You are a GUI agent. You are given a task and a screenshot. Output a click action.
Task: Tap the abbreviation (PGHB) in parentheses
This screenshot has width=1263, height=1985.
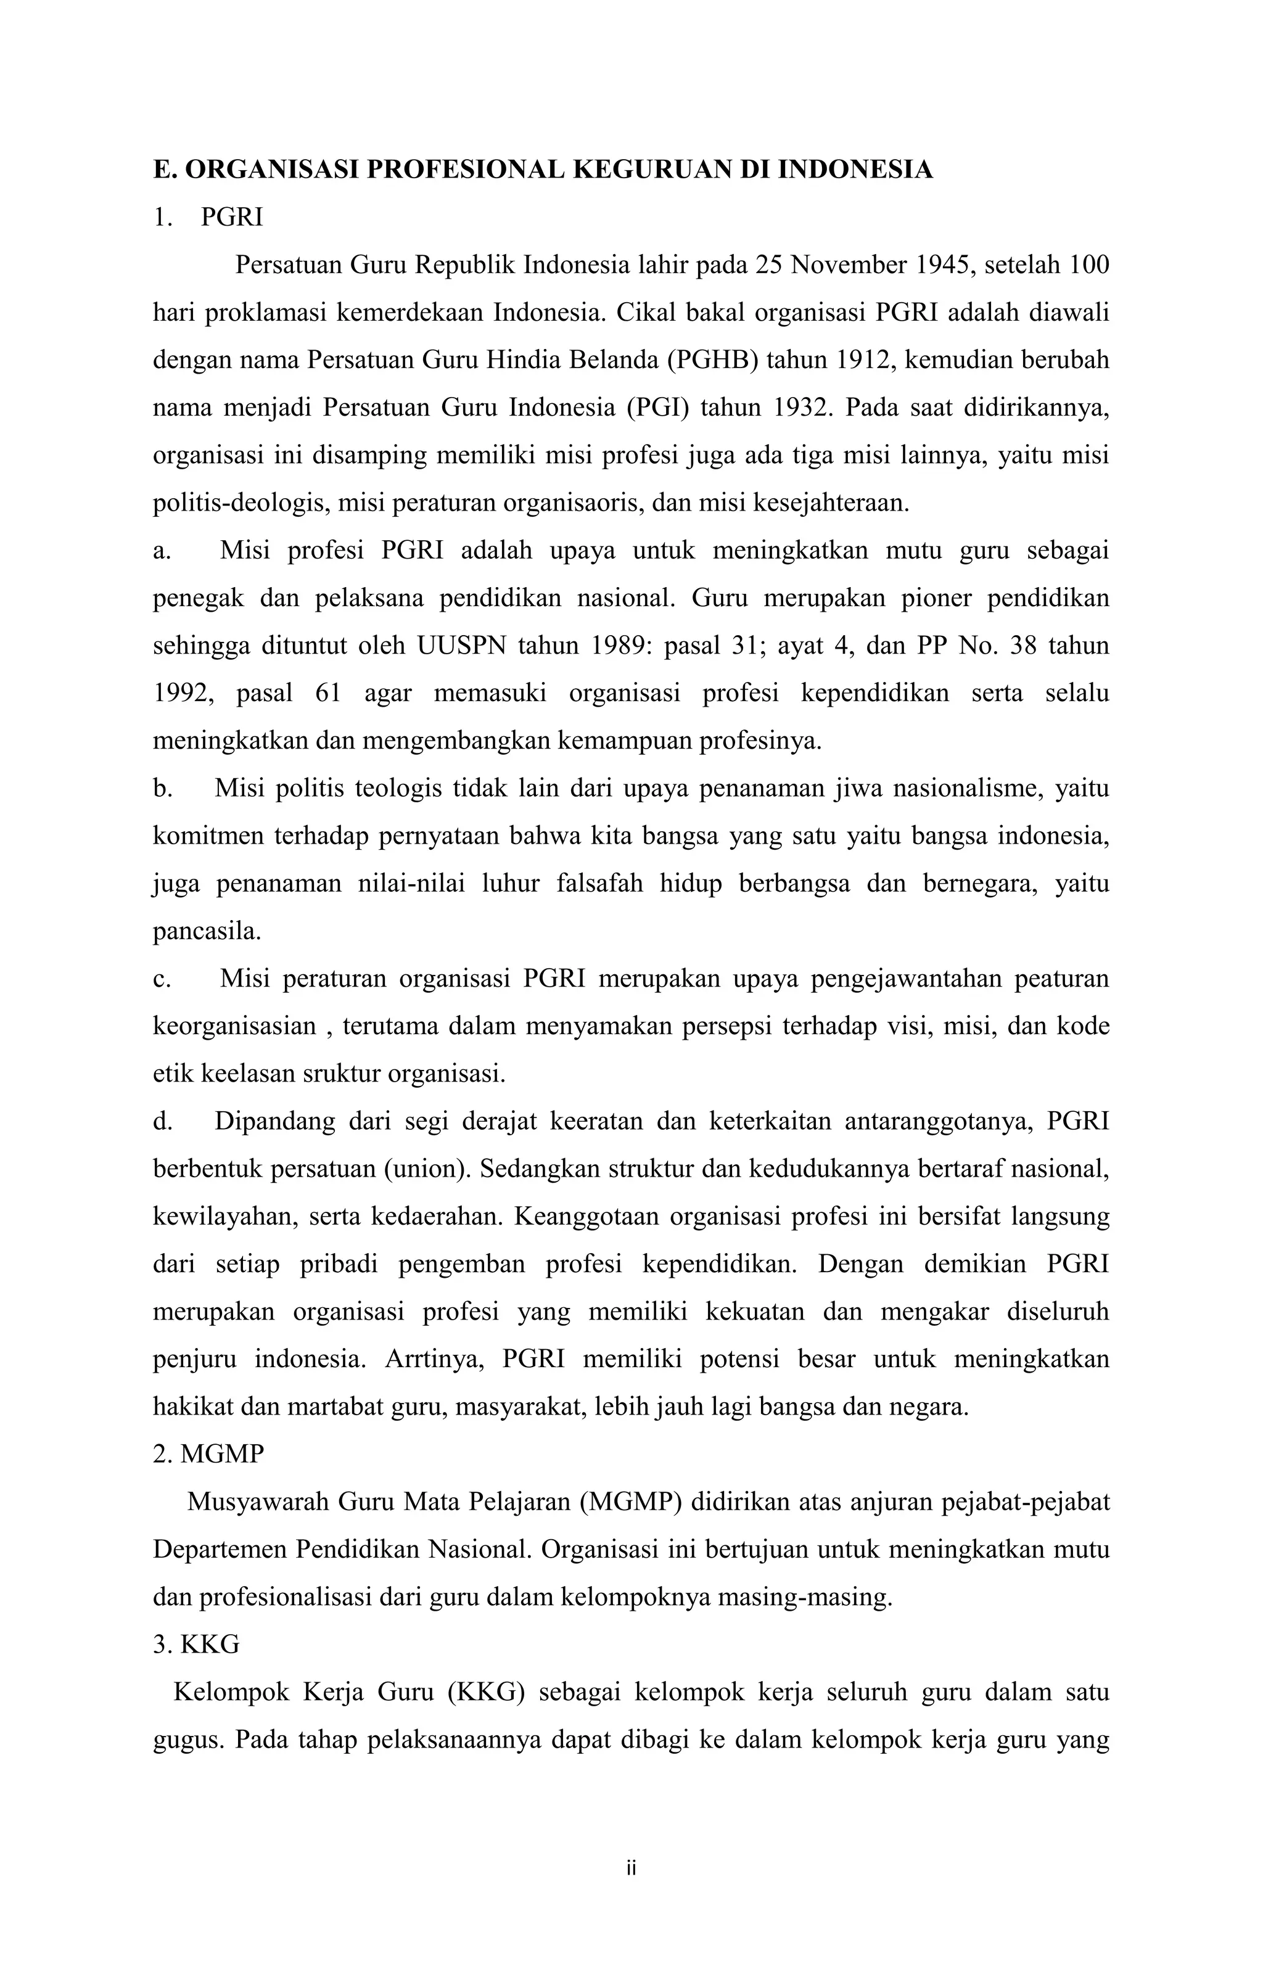pyautogui.click(x=712, y=360)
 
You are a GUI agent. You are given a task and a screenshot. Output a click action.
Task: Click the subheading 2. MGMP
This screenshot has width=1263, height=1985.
pyautogui.click(x=208, y=1454)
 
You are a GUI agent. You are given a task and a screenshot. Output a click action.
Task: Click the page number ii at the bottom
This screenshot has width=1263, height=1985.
pyautogui.click(x=631, y=1868)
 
